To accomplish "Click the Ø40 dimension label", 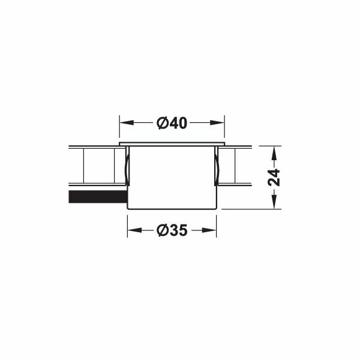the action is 172,123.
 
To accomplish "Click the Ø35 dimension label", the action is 172,230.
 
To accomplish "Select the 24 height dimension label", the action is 274,177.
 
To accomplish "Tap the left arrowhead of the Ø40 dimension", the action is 127,122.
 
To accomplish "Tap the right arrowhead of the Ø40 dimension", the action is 217,122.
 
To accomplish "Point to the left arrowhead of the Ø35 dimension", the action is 134,230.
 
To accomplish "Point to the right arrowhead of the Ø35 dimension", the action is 209,230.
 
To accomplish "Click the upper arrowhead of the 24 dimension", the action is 274,153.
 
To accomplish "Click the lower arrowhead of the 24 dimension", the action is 274,202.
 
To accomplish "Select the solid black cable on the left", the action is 98,197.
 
